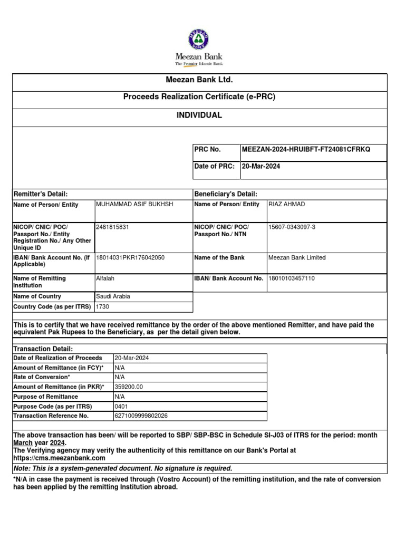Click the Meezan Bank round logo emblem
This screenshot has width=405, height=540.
[x=199, y=40]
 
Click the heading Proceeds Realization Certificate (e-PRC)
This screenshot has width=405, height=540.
[x=199, y=97]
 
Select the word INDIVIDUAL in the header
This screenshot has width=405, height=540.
[x=199, y=115]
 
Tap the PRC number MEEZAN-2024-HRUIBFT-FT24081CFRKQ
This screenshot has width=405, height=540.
[x=306, y=150]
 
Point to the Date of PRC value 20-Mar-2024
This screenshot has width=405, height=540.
[x=261, y=166]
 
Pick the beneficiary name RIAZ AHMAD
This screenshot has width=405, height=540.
[x=287, y=204]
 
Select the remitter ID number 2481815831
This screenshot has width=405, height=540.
[x=112, y=227]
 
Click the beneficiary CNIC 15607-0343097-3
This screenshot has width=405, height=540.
[x=293, y=227]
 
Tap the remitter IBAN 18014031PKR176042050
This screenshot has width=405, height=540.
[x=130, y=258]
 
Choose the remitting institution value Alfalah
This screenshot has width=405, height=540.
[x=105, y=278]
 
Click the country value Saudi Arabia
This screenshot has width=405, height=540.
[x=113, y=296]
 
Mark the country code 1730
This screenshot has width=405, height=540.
[x=102, y=306]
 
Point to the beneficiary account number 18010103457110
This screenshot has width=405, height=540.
[x=292, y=278]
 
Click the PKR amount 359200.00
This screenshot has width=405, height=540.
[x=129, y=387]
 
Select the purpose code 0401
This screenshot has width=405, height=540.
[x=121, y=407]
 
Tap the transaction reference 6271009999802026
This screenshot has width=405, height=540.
[x=141, y=416]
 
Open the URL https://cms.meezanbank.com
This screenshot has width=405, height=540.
[x=59, y=458]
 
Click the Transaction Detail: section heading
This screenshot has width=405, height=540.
[x=43, y=349]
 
